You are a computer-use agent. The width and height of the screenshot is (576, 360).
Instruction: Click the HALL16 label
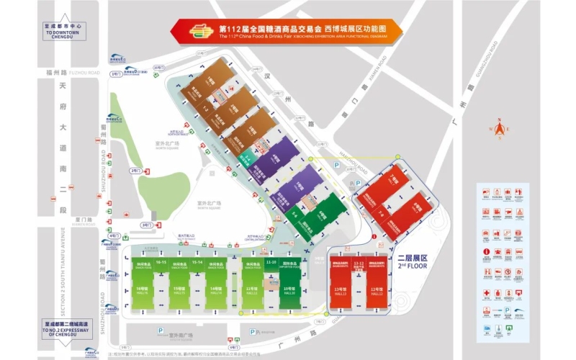point(141,293)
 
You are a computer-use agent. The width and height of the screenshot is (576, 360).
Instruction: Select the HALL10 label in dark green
point(289,293)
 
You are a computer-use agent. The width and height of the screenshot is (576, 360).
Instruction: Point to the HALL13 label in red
point(341,293)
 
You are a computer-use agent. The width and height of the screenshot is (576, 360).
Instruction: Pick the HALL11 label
point(252,293)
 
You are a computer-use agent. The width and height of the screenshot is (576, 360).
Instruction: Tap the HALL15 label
point(179,293)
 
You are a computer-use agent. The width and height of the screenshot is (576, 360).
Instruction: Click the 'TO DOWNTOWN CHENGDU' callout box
point(65,33)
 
